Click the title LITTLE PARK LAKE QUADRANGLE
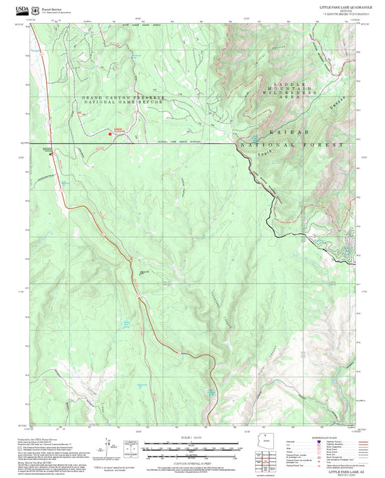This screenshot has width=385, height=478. pos(346,6)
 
